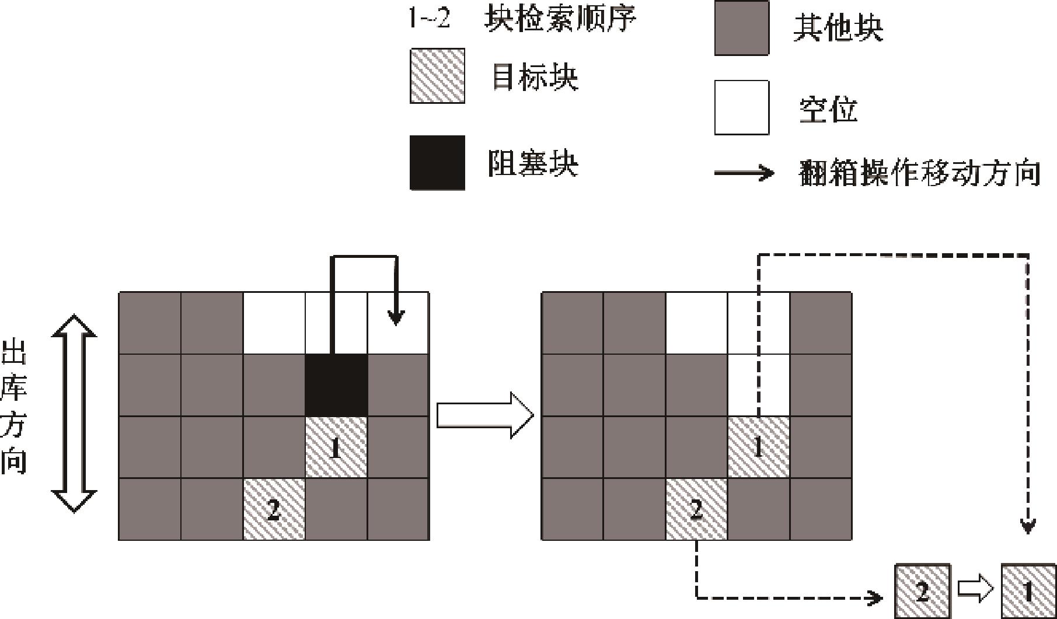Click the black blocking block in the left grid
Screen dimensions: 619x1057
336,385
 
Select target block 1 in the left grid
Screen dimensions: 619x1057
336,447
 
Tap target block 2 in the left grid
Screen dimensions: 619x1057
274,509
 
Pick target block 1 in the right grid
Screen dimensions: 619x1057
758,447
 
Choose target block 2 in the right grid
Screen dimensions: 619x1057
696,509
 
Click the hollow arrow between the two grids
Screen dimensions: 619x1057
485,415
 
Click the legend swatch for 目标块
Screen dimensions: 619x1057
437,76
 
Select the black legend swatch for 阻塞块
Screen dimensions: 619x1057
437,163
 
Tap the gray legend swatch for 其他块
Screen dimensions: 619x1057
741,28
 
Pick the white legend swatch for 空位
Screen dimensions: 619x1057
741,108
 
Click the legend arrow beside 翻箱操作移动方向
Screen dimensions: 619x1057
744,173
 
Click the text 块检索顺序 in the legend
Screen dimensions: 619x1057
560,19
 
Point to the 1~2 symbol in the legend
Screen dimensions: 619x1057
429,19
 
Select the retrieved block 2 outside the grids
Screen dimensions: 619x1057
922,591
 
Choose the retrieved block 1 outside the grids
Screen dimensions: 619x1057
1028,591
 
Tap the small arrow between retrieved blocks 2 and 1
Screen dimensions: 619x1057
975,590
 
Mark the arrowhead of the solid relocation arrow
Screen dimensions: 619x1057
397,319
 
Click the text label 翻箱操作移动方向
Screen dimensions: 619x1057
920,173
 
